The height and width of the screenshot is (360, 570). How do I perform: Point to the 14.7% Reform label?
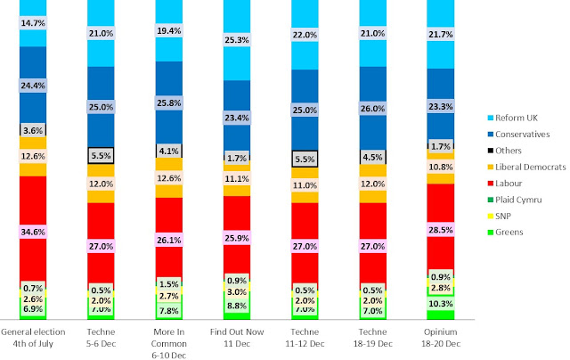point(33,22)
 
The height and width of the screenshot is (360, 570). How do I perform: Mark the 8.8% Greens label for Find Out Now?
point(236,305)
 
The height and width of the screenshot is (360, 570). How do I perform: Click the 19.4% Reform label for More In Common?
point(168,31)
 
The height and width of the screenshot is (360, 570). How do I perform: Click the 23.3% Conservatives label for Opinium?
point(440,105)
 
